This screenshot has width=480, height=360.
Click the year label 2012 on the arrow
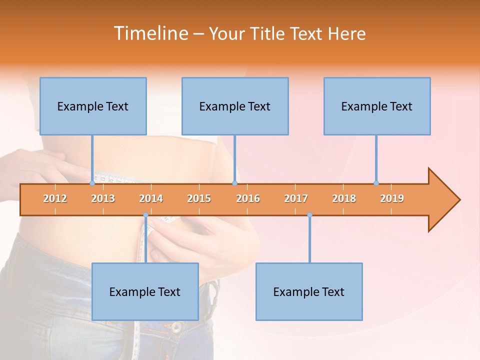point(55,198)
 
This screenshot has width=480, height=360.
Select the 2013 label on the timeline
point(103,198)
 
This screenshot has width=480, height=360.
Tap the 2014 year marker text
point(151,198)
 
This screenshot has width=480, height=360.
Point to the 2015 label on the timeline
point(199,198)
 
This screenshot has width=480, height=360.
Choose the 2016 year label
point(248,198)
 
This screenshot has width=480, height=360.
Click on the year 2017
point(296,198)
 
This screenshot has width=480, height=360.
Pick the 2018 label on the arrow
point(344,198)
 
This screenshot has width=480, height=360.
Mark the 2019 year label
point(392,198)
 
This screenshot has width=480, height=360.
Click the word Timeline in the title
point(150,33)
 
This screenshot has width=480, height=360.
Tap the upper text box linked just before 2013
point(93,106)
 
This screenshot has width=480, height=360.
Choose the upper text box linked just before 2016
point(235,106)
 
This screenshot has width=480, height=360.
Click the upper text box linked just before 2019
point(377,106)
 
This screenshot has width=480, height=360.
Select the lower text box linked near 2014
point(145,291)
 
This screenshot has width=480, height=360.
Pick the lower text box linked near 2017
point(309,291)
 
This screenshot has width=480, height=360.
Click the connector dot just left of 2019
point(376,183)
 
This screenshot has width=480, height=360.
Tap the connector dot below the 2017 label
point(309,215)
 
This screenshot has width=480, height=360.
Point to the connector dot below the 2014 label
point(145,215)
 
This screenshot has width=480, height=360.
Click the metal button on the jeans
point(176,327)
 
